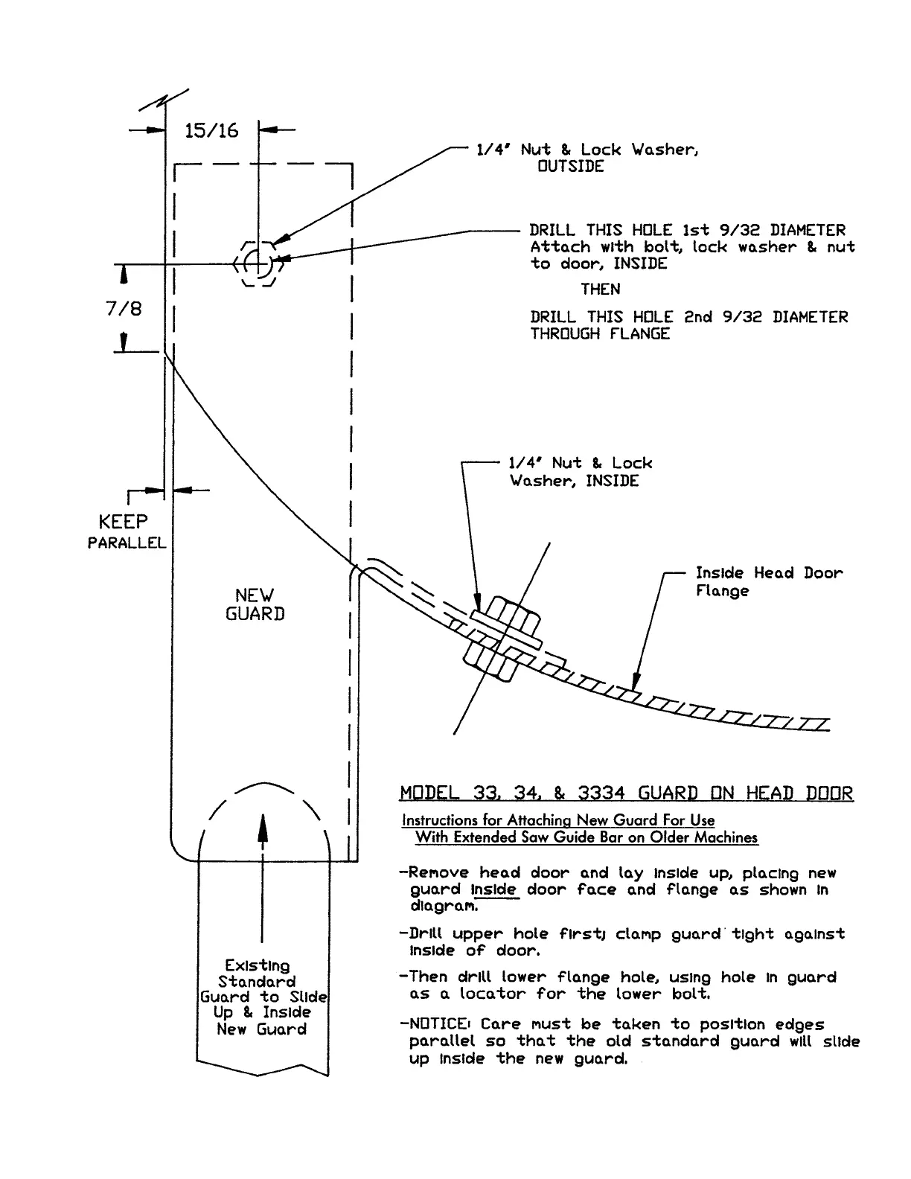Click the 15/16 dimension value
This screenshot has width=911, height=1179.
coord(211,131)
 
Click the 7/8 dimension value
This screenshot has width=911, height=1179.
coord(124,308)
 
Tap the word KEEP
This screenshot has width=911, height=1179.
coord(124,522)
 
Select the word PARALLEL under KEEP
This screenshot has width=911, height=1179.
coord(127,543)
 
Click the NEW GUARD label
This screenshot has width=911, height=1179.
coord(255,604)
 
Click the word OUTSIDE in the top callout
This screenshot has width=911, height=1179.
coord(571,167)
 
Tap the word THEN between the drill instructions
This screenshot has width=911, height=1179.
coord(600,289)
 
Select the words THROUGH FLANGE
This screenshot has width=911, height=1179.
coord(600,334)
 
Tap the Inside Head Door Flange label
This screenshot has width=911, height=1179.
coord(769,582)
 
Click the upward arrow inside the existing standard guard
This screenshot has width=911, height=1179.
coord(261,878)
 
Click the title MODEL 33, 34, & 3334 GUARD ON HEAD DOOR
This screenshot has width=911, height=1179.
coord(626,793)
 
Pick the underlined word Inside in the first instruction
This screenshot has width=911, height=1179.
coord(493,890)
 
